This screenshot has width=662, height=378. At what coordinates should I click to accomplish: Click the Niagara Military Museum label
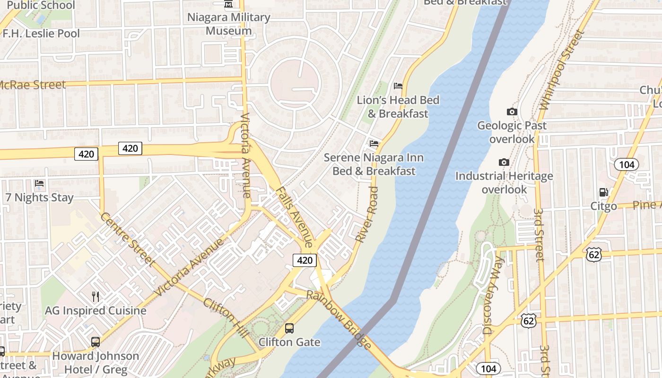pyautogui.click(x=229, y=24)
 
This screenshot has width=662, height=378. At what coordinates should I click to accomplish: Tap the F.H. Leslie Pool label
pyautogui.click(x=41, y=34)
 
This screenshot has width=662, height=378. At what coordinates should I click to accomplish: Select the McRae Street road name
pyautogui.click(x=32, y=85)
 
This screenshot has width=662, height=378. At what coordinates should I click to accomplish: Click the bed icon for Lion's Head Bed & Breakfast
pyautogui.click(x=398, y=86)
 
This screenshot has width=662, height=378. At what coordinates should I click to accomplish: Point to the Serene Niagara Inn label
pyautogui.click(x=374, y=164)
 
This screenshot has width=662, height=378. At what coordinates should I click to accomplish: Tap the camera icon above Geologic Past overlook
pyautogui.click(x=512, y=112)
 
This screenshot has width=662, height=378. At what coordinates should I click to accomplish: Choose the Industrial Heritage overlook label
pyautogui.click(x=504, y=182)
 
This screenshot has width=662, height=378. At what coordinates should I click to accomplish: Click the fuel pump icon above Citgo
pyautogui.click(x=603, y=192)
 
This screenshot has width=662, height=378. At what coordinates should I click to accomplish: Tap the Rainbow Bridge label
pyautogui.click(x=339, y=320)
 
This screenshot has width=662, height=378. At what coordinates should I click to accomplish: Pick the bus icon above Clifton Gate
pyautogui.click(x=289, y=328)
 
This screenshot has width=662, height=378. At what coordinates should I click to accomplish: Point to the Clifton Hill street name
pyautogui.click(x=226, y=317)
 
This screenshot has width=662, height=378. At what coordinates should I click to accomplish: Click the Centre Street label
pyautogui.click(x=127, y=240)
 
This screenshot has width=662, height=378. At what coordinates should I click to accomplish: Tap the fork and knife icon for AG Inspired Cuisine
pyautogui.click(x=96, y=296)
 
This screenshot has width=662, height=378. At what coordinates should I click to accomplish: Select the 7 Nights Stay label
pyautogui.click(x=39, y=198)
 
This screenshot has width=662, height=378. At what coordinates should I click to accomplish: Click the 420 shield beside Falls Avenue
pyautogui.click(x=305, y=260)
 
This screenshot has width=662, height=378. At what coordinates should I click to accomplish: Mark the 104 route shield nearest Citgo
pyautogui.click(x=627, y=164)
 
